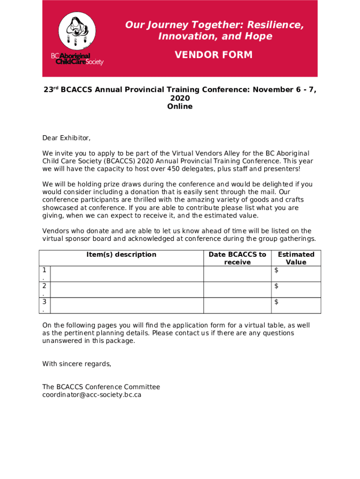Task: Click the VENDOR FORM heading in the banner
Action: click(213, 55)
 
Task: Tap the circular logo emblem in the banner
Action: click(77, 30)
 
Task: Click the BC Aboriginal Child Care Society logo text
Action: click(77, 59)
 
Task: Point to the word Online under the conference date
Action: click(180, 107)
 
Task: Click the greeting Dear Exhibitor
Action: click(66, 138)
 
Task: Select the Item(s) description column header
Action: click(121, 254)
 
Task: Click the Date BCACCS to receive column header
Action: click(237, 258)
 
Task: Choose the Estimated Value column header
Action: click(296, 258)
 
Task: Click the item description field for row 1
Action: click(126, 274)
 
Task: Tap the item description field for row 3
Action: click(126, 305)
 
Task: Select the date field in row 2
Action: click(237, 290)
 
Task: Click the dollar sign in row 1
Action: click(276, 270)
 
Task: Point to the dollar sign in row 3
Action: click(276, 302)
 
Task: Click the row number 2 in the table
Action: click(44, 286)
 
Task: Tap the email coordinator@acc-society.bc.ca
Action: click(92, 395)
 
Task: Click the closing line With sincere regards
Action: click(77, 364)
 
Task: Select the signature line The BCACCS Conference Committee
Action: click(101, 387)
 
